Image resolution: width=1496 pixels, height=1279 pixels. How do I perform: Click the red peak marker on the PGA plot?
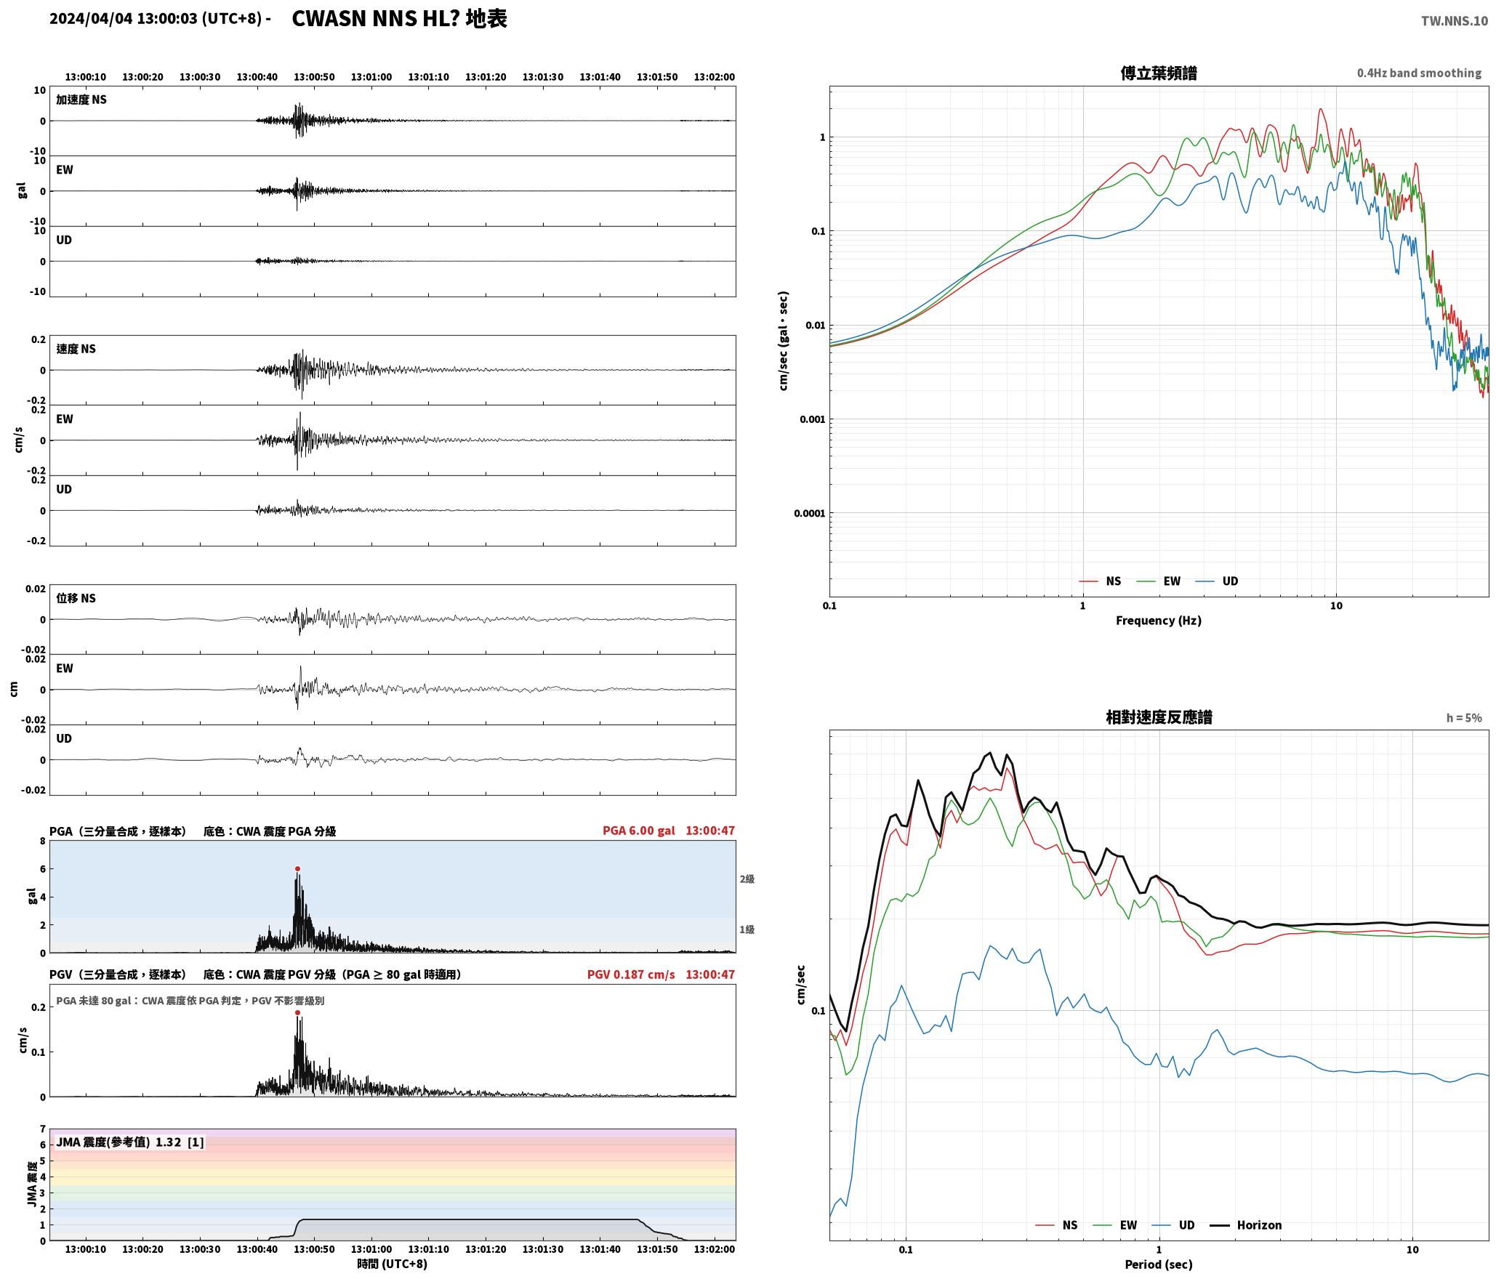pyautogui.click(x=297, y=868)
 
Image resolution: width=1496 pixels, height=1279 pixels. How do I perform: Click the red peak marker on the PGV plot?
pyautogui.click(x=297, y=1012)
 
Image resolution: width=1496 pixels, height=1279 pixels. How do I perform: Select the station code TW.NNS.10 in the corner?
pyautogui.click(x=1455, y=21)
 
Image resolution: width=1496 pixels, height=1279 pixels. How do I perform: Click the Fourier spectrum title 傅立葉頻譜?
pyautogui.click(x=1159, y=73)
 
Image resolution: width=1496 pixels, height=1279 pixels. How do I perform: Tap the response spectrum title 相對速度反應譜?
pyautogui.click(x=1159, y=717)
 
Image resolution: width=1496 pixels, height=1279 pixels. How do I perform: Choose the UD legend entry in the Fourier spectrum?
pyautogui.click(x=1217, y=581)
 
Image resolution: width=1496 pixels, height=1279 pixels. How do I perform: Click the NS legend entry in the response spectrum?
pyautogui.click(x=1056, y=1224)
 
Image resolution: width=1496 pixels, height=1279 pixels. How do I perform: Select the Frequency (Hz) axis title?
pyautogui.click(x=1159, y=620)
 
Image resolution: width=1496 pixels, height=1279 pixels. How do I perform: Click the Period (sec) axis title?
pyautogui.click(x=1159, y=1264)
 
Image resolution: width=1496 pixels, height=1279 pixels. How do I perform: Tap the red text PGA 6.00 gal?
pyautogui.click(x=639, y=831)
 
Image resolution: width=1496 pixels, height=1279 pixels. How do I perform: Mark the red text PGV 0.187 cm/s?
pyautogui.click(x=631, y=975)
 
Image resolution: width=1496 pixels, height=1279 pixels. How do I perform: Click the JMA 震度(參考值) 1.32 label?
pyautogui.click(x=129, y=1142)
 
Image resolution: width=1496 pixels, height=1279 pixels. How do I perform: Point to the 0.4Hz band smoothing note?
pyautogui.click(x=1419, y=73)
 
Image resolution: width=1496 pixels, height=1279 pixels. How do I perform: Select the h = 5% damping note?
pyautogui.click(x=1464, y=718)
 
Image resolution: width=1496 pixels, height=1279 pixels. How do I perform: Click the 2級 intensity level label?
pyautogui.click(x=747, y=879)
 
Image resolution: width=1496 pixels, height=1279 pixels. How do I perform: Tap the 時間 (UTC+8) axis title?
pyautogui.click(x=392, y=1264)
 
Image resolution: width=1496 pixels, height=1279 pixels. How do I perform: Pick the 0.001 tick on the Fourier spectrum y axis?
pyautogui.click(x=810, y=419)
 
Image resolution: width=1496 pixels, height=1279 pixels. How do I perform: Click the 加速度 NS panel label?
pyautogui.click(x=81, y=100)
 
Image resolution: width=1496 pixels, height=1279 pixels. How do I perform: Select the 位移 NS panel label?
pyautogui.click(x=76, y=598)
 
